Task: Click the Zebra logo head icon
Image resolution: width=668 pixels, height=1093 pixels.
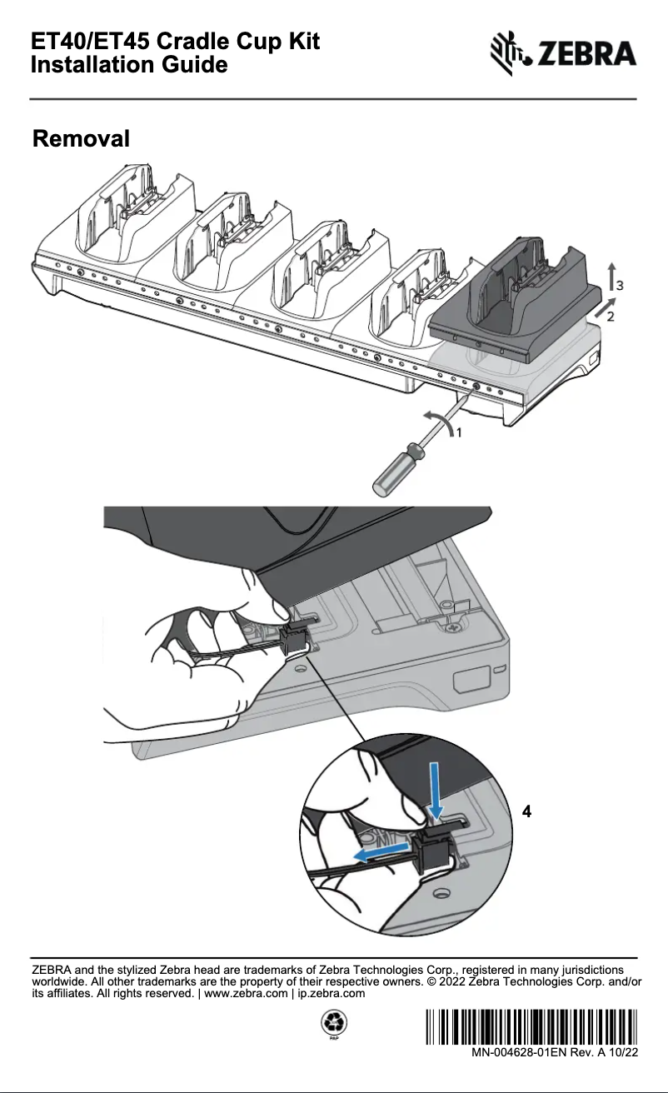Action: click(x=508, y=52)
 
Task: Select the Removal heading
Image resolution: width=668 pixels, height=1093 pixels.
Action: click(x=81, y=138)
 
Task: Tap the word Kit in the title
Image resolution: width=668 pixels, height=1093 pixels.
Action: click(x=304, y=41)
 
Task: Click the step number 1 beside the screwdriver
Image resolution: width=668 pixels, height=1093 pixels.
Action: click(x=458, y=432)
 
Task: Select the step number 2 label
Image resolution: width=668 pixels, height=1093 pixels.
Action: click(x=610, y=317)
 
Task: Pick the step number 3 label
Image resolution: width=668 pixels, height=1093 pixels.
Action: click(x=620, y=286)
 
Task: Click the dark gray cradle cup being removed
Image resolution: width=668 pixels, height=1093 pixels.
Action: click(x=515, y=302)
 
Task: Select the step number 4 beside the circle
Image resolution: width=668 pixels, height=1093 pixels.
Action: click(x=526, y=811)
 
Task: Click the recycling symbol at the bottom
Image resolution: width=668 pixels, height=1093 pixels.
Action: click(x=334, y=1021)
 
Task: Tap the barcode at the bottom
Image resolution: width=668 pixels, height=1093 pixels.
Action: click(x=531, y=1026)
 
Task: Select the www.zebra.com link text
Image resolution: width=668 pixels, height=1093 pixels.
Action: click(x=246, y=994)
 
